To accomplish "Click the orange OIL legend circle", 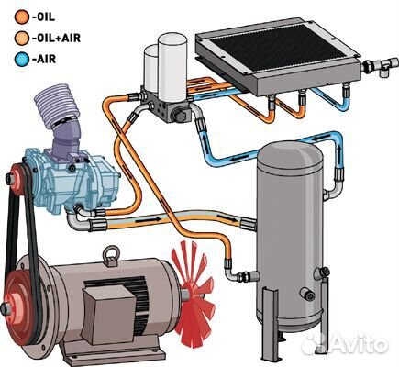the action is pos(22,17).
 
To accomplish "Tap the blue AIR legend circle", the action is pos(22,59).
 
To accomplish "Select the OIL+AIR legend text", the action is pos(56,38).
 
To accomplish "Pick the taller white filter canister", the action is pos(172,66).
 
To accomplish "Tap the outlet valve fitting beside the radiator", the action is pos(381,65).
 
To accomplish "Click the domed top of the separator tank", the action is pos(290,154).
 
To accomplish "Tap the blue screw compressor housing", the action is pos(73,181).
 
